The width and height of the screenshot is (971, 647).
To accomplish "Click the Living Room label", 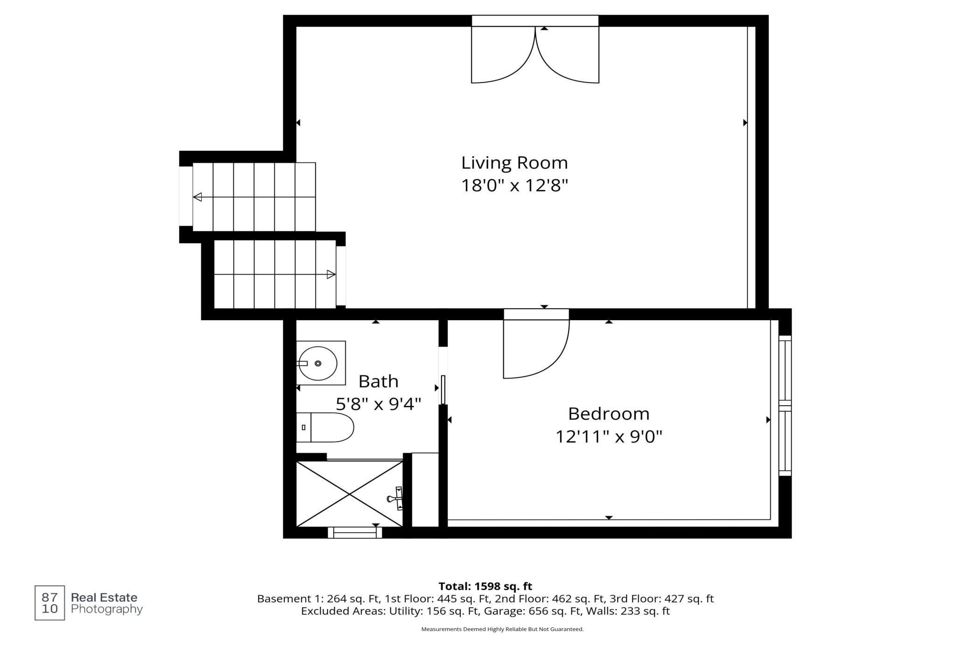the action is coord(514,163).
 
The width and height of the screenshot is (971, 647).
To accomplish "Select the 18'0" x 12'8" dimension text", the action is coord(514,186).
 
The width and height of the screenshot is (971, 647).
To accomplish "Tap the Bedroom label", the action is coord(609,414).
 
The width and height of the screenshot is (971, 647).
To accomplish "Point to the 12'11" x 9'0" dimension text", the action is coord(609,437).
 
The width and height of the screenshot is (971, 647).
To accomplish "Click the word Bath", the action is coord(378,381).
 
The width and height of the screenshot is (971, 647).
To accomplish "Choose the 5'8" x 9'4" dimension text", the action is coord(379,404).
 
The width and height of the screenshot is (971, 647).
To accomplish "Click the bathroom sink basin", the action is coord(318,363).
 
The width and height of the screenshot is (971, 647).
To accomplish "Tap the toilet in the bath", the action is coord(325,427).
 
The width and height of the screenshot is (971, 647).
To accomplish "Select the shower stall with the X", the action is coord(349,494).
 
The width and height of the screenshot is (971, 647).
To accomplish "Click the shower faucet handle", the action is coord(396,499).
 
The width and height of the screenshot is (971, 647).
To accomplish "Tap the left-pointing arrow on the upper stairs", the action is coord(197,197).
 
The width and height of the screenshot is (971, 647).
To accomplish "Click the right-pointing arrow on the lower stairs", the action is coord(331,274).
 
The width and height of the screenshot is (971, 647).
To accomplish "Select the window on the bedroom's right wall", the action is coord(785,406).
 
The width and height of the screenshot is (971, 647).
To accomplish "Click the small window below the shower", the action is coord(355,533).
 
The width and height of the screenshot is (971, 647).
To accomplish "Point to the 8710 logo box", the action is coord(50,603).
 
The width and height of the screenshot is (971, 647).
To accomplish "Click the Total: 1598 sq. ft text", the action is coord(485,586).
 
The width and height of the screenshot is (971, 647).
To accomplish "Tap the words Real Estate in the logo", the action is coord(104,598).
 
